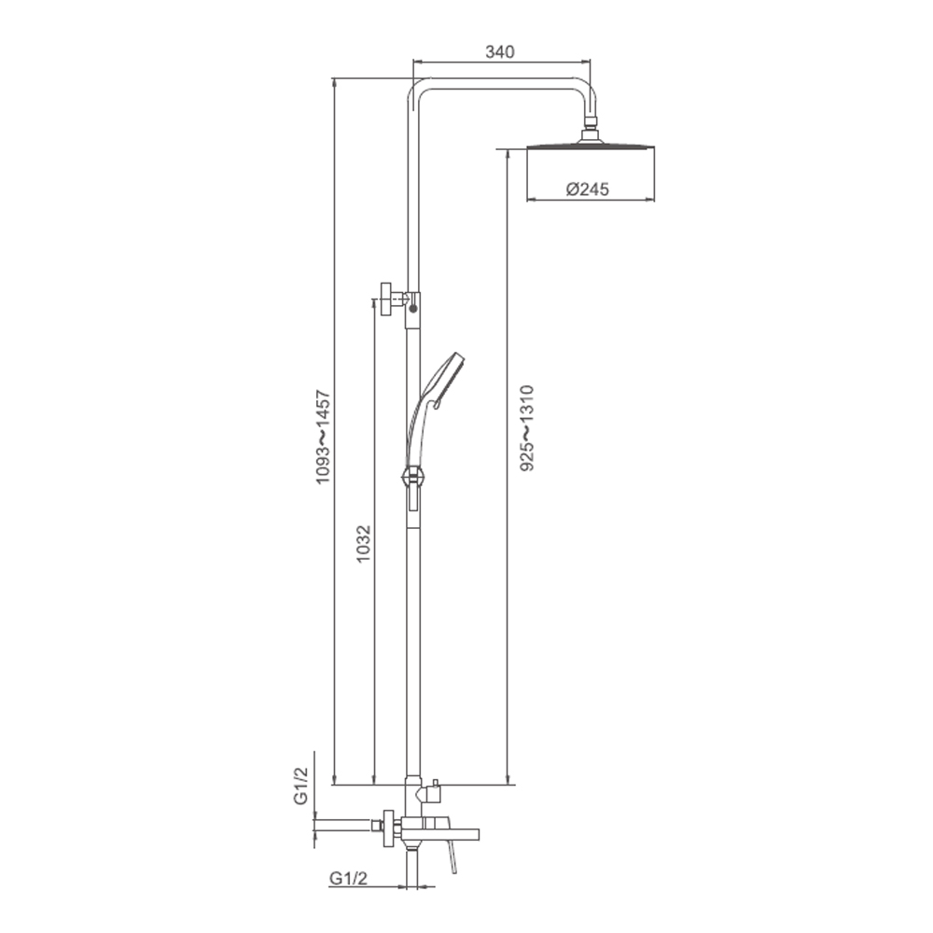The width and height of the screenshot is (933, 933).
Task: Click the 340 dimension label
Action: pos(500,51)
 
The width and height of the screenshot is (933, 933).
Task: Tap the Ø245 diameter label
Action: pos(588,189)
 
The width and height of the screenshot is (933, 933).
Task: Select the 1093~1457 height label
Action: pos(323,437)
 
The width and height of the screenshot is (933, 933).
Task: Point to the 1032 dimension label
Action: pos(364,543)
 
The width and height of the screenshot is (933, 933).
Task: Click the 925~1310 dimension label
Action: pos(527,428)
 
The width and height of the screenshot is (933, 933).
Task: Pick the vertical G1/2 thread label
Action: pos(301,786)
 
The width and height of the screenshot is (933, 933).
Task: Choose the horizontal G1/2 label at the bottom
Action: pos(349,878)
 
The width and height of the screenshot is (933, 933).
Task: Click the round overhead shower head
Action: pos(591,146)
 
